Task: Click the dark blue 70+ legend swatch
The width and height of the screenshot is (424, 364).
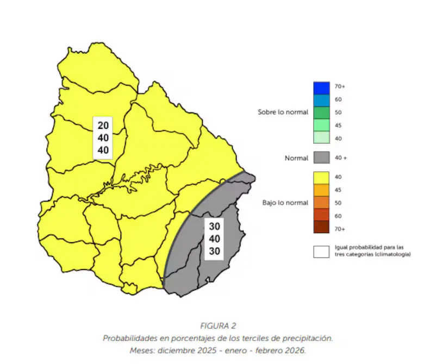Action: pos(321,87)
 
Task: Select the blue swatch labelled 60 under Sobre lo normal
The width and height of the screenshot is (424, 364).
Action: pos(321,99)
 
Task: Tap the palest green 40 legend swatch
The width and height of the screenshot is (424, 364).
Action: pos(321,138)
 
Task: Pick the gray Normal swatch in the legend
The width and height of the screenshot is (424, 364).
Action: pos(321,158)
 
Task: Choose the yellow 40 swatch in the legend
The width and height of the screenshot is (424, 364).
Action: pos(321,177)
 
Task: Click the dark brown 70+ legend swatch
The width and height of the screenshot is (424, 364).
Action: pos(321,229)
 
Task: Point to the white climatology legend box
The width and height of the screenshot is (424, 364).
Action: pos(321,252)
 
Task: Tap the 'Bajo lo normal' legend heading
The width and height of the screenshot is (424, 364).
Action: pos(285,203)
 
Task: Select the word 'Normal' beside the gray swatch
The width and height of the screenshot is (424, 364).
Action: pos(297,158)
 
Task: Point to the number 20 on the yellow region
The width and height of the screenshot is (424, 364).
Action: pos(103,125)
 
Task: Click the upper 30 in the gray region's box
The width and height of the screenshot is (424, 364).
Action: pos(214,227)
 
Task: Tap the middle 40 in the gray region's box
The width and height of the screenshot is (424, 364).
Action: pos(214,239)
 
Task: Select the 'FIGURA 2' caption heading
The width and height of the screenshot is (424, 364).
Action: pos(218,327)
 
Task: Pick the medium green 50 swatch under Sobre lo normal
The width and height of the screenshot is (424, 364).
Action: pos(321,112)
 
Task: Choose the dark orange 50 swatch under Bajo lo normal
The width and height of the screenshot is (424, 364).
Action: pos(321,203)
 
